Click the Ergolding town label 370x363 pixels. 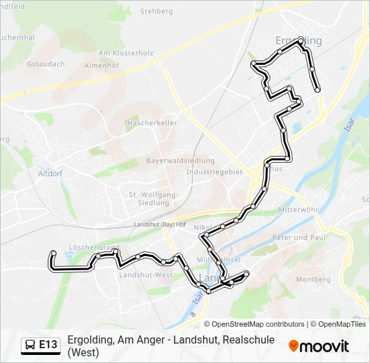click(x=299, y=41)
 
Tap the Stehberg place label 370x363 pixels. click(x=157, y=11)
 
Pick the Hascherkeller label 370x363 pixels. click(x=151, y=124)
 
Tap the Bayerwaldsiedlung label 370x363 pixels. click(x=180, y=161)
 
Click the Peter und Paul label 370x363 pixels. click(x=299, y=238)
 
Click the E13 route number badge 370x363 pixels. click(x=48, y=345)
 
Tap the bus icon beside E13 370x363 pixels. click(x=31, y=346)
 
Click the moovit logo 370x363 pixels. click(x=319, y=346)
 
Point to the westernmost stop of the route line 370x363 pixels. click(x=53, y=253)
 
